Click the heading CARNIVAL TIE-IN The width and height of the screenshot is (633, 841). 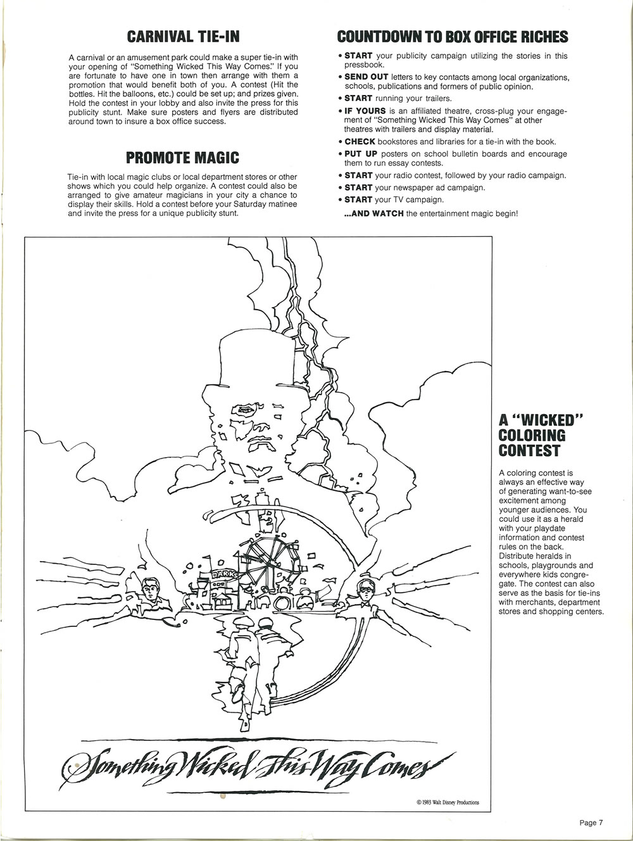[x=183, y=36]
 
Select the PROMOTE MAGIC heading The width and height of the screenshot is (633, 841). [x=182, y=157]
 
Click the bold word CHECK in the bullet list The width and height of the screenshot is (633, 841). [x=360, y=142]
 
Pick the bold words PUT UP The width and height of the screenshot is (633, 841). [x=361, y=154]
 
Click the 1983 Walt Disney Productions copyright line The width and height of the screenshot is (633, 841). [x=448, y=802]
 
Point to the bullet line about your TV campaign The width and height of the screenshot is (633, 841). [x=393, y=200]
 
